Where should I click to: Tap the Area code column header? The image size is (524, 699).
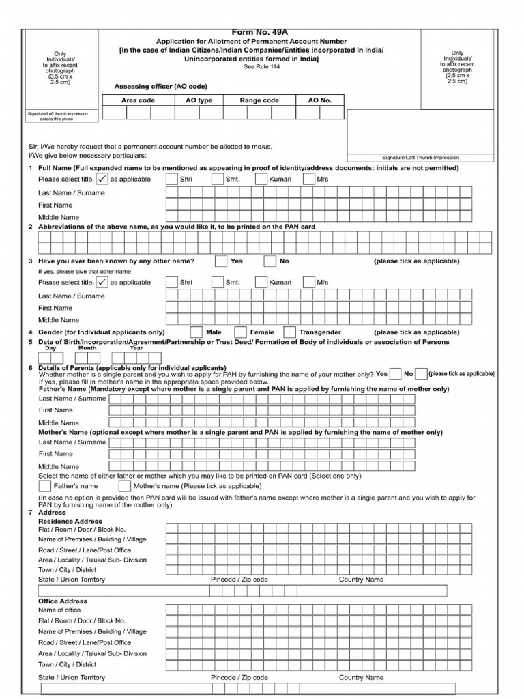tap(138, 100)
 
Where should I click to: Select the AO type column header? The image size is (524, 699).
tap(199, 100)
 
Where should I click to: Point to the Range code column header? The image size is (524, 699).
tap(259, 100)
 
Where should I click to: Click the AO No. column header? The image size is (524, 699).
tap(319, 100)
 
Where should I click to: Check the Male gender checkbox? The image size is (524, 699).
tap(196, 332)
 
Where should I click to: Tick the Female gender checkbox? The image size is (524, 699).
tap(239, 332)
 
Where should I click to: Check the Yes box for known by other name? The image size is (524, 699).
tap(221, 261)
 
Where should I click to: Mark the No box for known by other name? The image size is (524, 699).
tap(270, 261)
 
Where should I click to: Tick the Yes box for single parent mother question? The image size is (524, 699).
tap(395, 374)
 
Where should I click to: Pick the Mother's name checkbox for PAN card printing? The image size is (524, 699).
tap(124, 486)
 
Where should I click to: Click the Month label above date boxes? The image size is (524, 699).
tap(87, 348)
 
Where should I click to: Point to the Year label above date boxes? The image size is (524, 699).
tap(136, 348)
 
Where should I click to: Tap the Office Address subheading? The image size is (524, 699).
tap(63, 601)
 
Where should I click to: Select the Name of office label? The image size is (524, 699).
tap(59, 610)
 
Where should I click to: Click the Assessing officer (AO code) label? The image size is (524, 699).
tap(160, 87)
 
